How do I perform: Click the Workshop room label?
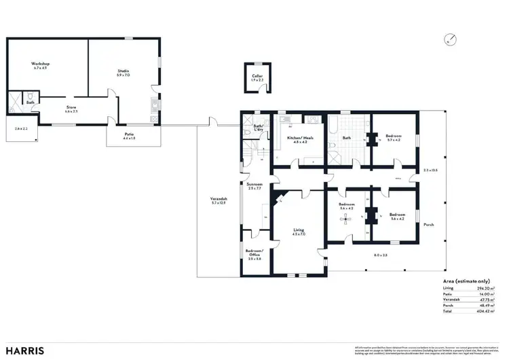(42, 64)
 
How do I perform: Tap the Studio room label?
(124, 71)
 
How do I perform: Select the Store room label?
(71, 107)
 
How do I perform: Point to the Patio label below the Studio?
(128, 134)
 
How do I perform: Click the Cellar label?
(257, 77)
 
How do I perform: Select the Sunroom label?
(254, 184)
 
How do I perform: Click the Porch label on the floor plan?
(428, 224)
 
